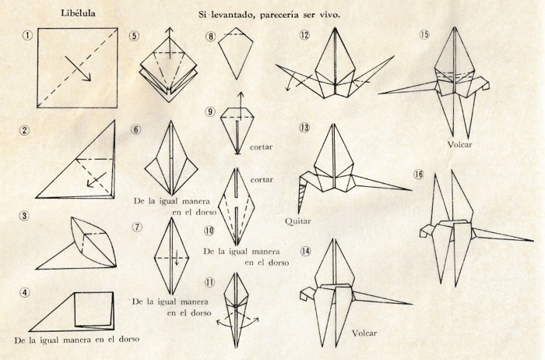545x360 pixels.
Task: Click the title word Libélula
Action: coord(78,13)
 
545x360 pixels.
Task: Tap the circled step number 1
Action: coord(27,35)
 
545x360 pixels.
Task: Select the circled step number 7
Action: coord(138,227)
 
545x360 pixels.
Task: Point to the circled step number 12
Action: coord(305,35)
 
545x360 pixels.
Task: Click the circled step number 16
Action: coord(419,174)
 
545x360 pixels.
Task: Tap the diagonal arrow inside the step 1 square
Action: coord(78,69)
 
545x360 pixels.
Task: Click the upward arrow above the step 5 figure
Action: coord(169,43)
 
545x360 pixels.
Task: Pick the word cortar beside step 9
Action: coord(261,147)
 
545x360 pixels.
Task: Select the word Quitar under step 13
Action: coord(298,221)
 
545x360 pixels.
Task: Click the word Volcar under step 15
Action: coord(459,144)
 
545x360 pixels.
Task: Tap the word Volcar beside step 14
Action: coord(364,334)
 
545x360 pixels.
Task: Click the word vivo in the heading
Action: coord(330,15)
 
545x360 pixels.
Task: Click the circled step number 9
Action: coord(211,111)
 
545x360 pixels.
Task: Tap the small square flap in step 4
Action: coord(94,309)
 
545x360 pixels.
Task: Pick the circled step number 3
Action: coord(24,216)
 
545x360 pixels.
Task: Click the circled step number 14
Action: coord(305,251)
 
